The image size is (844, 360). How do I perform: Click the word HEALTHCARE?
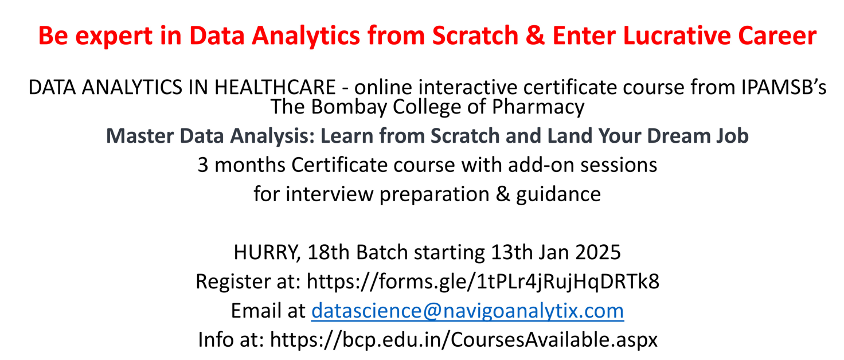(275, 87)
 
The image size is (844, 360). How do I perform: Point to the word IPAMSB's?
(783, 87)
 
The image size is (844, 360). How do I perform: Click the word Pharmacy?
(538, 107)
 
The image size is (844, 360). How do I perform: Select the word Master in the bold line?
(140, 135)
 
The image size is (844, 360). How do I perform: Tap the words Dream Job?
(697, 135)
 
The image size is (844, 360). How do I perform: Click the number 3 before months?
(203, 165)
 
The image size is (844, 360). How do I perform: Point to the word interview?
(329, 194)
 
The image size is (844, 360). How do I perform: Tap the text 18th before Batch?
(329, 252)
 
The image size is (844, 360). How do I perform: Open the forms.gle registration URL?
(483, 282)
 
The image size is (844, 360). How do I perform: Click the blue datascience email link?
(468, 311)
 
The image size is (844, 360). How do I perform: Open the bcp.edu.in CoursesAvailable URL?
(464, 340)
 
